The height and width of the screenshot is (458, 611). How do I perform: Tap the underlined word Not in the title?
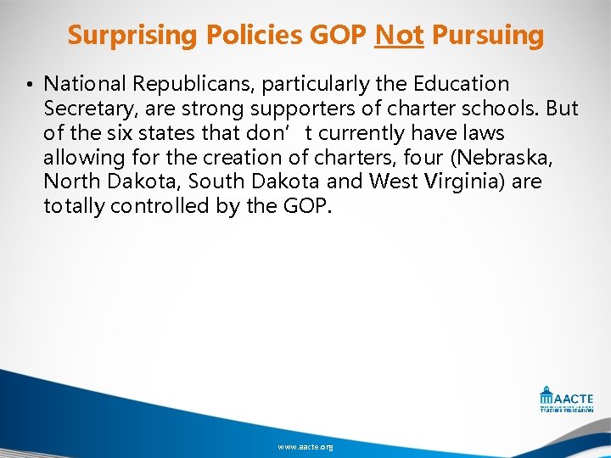pyautogui.click(x=399, y=36)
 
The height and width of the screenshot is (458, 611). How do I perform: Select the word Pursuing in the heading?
pyautogui.click(x=488, y=36)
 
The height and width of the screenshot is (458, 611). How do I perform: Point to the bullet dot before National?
pyautogui.click(x=28, y=85)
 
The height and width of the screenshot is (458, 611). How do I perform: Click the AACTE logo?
pyautogui.click(x=566, y=399)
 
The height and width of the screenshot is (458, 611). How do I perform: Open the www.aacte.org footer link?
pyautogui.click(x=305, y=446)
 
